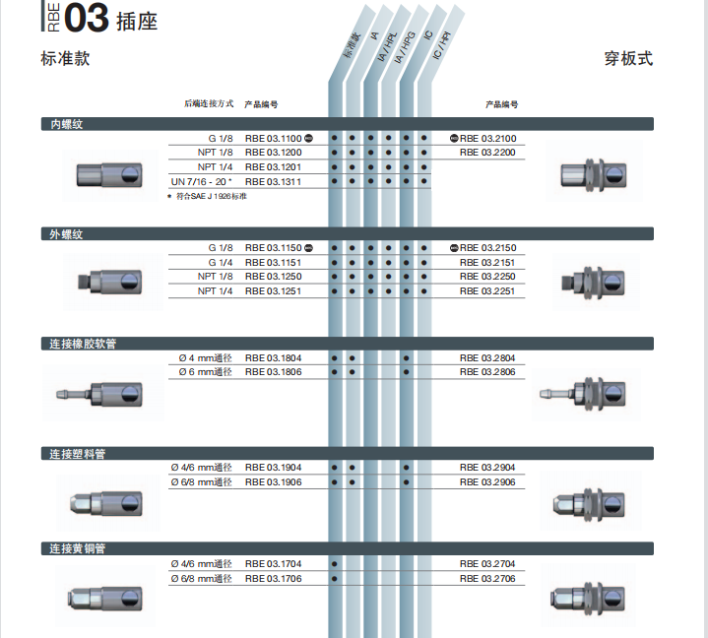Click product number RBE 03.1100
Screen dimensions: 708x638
(x=273, y=138)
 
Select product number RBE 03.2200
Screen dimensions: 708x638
(x=487, y=153)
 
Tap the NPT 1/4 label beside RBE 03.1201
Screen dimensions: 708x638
(x=215, y=167)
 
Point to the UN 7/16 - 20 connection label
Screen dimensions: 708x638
(x=202, y=181)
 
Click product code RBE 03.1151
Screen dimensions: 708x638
(x=273, y=262)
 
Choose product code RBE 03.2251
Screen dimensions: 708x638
(x=487, y=291)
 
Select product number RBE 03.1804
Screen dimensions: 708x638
(x=273, y=358)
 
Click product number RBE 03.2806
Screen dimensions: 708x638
(x=487, y=372)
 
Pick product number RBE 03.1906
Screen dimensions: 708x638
(x=273, y=482)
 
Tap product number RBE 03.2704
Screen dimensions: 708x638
(x=487, y=564)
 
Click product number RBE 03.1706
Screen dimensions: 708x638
(x=273, y=578)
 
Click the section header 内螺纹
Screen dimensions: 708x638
(x=66, y=124)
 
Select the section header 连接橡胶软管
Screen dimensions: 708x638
(x=83, y=344)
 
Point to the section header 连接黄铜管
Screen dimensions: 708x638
(x=77, y=548)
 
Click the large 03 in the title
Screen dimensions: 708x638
(x=87, y=18)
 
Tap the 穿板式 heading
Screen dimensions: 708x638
(x=628, y=59)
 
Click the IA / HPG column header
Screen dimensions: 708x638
(x=405, y=47)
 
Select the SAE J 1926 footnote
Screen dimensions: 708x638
(x=207, y=196)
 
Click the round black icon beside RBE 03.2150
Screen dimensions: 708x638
(x=454, y=248)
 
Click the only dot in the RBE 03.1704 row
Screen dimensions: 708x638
(x=334, y=564)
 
